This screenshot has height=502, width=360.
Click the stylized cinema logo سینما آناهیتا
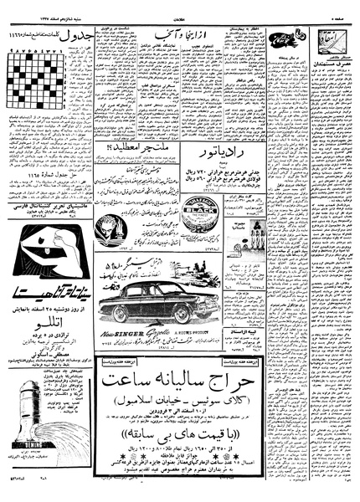pyautogui.click(x=47, y=289)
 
